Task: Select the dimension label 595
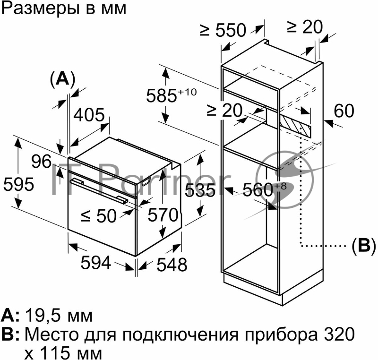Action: click(18, 184)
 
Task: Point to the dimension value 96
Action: click(42, 162)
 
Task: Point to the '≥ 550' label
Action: click(223, 30)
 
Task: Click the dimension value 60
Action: click(344, 111)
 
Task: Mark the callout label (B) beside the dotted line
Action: click(363, 245)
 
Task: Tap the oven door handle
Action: click(99, 191)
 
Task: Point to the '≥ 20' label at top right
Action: click(304, 27)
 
